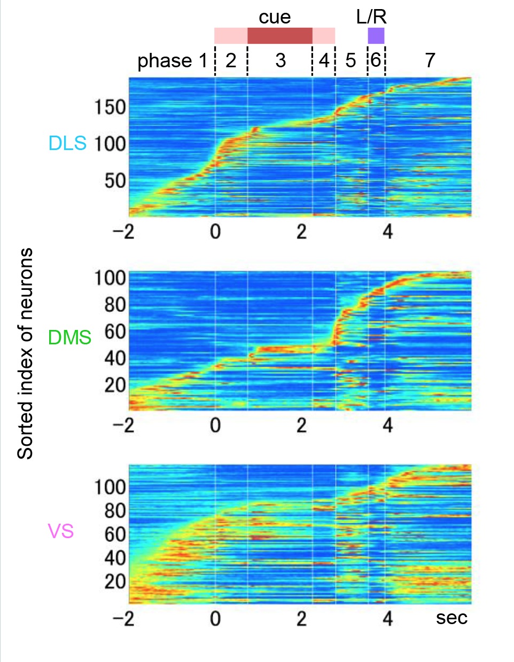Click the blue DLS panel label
(x=67, y=143)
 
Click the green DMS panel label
(x=69, y=337)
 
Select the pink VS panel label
(x=60, y=531)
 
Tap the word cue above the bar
(x=275, y=17)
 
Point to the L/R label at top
(x=371, y=17)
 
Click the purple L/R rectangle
(x=376, y=36)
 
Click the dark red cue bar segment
(x=280, y=36)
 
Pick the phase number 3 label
(x=281, y=60)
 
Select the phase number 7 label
(x=430, y=60)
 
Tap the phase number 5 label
(x=351, y=60)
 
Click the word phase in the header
(x=165, y=61)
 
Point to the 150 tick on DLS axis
(x=110, y=107)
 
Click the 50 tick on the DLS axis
(x=115, y=180)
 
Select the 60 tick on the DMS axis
(x=115, y=332)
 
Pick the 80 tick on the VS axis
(x=115, y=511)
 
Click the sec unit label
(x=451, y=618)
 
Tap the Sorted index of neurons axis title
(x=25, y=353)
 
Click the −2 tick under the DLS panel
(x=123, y=232)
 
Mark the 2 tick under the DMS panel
(x=302, y=425)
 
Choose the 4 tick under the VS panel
(x=388, y=619)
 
